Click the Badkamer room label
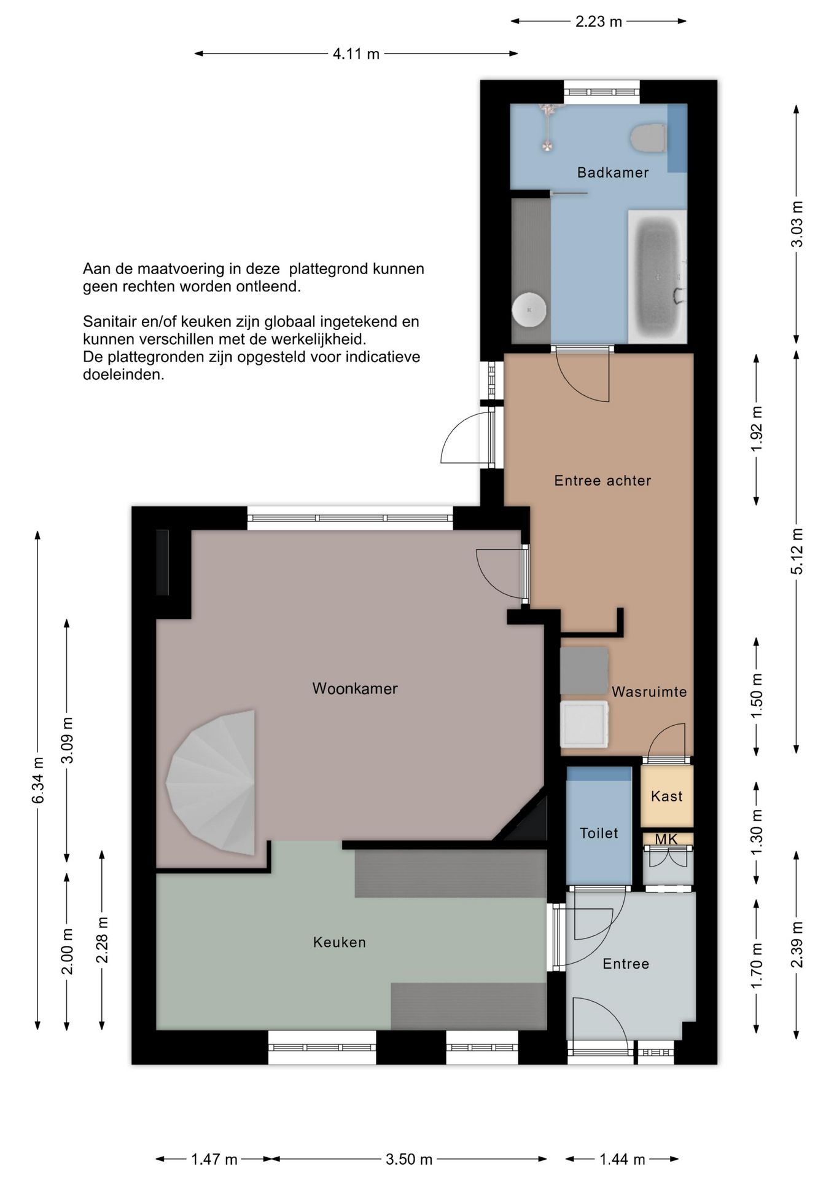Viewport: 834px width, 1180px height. tap(612, 173)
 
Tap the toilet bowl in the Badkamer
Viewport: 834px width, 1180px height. tap(649, 138)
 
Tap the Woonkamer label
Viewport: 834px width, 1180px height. tap(355, 688)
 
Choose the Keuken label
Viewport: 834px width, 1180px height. tap(340, 942)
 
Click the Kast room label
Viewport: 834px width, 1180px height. tap(666, 796)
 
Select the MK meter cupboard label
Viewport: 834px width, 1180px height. tap(666, 840)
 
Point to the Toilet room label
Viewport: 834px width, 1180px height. tap(599, 833)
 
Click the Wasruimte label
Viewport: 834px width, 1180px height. tap(649, 692)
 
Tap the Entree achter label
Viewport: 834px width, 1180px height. tap(602, 481)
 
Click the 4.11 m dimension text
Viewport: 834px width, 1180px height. tap(356, 54)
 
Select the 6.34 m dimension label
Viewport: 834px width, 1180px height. tap(38, 780)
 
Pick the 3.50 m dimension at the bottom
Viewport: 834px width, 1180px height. tap(409, 1160)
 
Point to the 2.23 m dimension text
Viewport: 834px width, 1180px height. tap(599, 22)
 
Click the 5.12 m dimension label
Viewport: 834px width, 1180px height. tap(797, 551)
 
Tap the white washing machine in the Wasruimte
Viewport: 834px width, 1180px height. tap(584, 725)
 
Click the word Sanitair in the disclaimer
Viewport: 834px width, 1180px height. tap(107, 321)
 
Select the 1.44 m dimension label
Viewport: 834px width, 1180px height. tap(622, 1160)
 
